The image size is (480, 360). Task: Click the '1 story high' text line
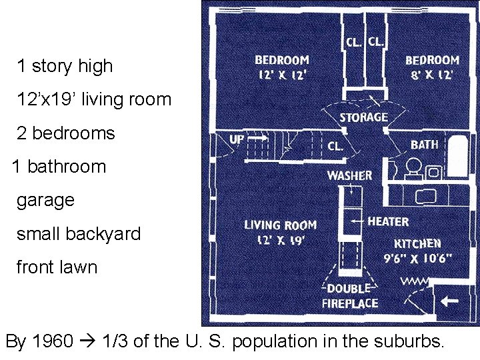(x=65, y=66)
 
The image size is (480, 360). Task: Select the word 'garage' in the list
(x=45, y=200)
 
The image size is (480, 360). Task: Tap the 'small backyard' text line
(x=79, y=234)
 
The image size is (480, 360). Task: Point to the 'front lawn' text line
(x=57, y=267)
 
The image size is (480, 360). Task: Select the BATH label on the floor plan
(x=425, y=144)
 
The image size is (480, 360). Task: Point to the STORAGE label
(x=363, y=117)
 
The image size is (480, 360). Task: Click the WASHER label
(x=349, y=176)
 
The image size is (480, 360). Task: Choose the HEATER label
(x=388, y=221)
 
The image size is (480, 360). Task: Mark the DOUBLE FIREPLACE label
(x=349, y=296)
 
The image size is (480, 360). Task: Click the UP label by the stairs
(x=237, y=139)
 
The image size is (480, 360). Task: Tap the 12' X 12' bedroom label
(x=281, y=67)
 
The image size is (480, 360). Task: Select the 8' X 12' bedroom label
(x=432, y=67)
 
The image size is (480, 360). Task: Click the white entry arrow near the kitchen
(x=450, y=301)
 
